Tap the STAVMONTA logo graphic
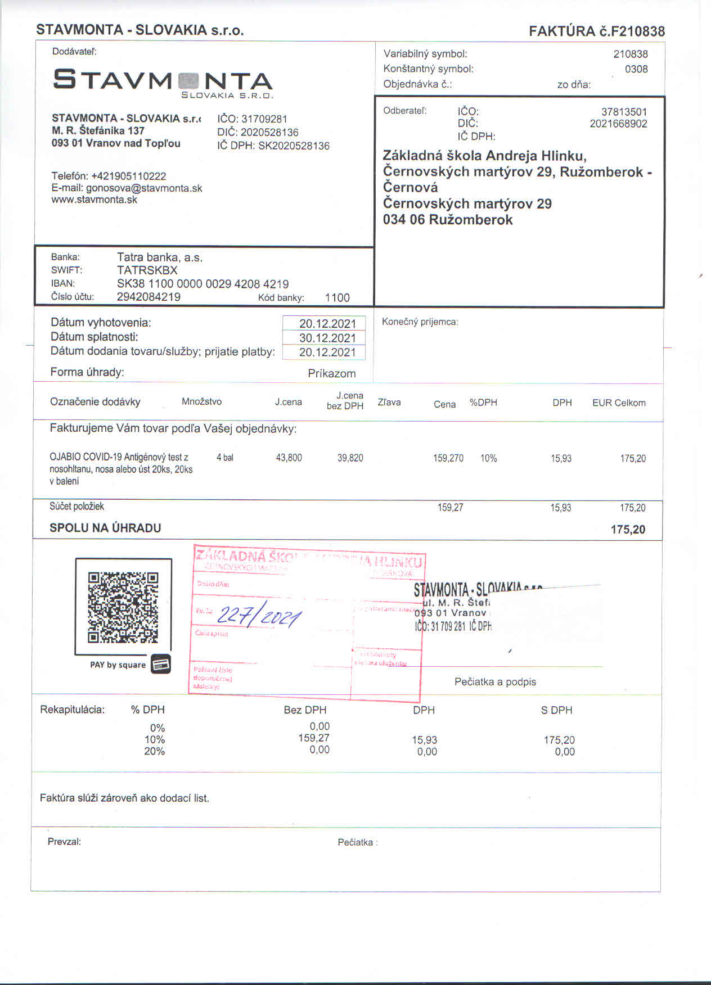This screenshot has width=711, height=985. click(x=163, y=82)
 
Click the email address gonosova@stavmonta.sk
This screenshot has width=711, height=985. click(x=144, y=188)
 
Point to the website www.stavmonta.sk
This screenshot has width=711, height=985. click(x=94, y=200)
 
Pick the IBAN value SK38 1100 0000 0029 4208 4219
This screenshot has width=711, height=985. click(x=202, y=284)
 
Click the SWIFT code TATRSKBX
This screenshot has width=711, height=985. click(x=147, y=270)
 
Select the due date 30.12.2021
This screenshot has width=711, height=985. click(x=327, y=338)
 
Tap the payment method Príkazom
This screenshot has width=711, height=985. click(x=331, y=373)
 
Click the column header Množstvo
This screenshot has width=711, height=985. click(x=201, y=401)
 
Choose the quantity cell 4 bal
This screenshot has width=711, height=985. click(x=224, y=458)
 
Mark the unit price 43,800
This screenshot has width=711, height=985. click(x=289, y=458)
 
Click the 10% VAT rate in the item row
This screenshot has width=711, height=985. click(x=488, y=458)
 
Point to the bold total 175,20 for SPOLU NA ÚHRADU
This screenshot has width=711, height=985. click(x=628, y=530)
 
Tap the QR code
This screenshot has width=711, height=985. click(x=123, y=607)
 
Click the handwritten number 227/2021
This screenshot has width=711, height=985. click(x=259, y=617)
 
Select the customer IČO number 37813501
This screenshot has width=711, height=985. click(x=624, y=112)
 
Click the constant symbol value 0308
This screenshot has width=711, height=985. click(x=636, y=69)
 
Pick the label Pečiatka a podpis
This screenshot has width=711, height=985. click(x=495, y=682)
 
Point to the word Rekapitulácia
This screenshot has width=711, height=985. click(x=72, y=710)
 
